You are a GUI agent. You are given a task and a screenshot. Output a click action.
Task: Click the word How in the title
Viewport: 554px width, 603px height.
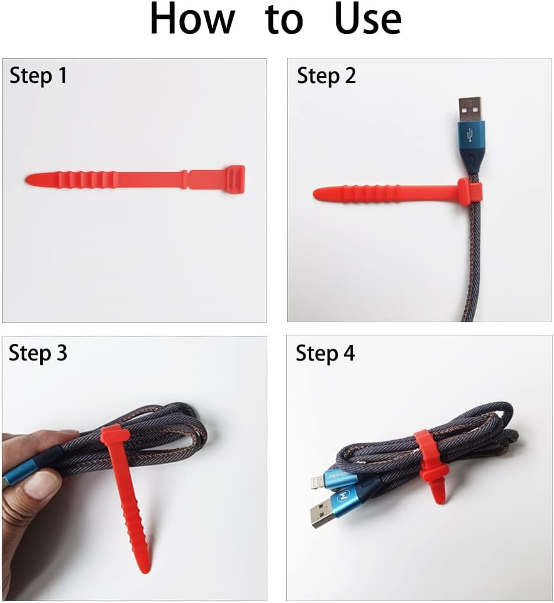pyautogui.click(x=192, y=19)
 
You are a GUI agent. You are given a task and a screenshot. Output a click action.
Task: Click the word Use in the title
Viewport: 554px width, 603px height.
pyautogui.click(x=368, y=19)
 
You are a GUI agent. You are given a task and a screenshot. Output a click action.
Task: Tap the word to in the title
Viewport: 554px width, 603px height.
pyautogui.click(x=284, y=20)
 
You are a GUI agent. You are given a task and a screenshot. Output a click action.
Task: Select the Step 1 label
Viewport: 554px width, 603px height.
pyautogui.click(x=38, y=75)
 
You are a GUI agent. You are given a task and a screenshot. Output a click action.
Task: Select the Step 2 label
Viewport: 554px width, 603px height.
pyautogui.click(x=326, y=75)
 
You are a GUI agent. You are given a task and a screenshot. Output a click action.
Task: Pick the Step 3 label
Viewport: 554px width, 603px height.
pyautogui.click(x=38, y=353)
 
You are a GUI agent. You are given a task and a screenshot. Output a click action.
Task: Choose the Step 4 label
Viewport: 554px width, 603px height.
pyautogui.click(x=325, y=353)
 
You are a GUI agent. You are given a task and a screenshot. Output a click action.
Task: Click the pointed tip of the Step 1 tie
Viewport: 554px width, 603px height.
pyautogui.click(x=30, y=180)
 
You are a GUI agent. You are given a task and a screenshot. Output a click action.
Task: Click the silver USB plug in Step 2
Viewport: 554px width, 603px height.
pyautogui.click(x=469, y=109)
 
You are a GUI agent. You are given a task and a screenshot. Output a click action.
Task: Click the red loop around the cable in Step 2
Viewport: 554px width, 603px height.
pyautogui.click(x=470, y=192)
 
